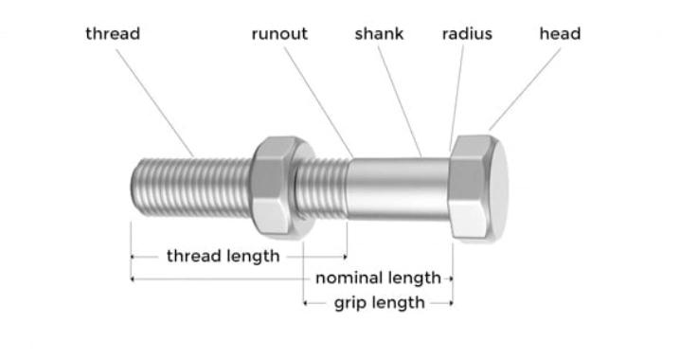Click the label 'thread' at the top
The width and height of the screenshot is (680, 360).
[113, 34]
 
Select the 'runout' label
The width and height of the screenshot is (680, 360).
[279, 34]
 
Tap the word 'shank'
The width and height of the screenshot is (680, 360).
[379, 34]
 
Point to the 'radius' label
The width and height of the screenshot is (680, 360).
[467, 34]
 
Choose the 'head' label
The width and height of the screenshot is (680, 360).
[560, 34]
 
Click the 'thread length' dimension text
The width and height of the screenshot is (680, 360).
[224, 256]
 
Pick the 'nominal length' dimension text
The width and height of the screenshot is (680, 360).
[378, 279]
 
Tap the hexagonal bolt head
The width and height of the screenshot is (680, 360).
[480, 187]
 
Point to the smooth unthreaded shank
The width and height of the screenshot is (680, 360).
[398, 187]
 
